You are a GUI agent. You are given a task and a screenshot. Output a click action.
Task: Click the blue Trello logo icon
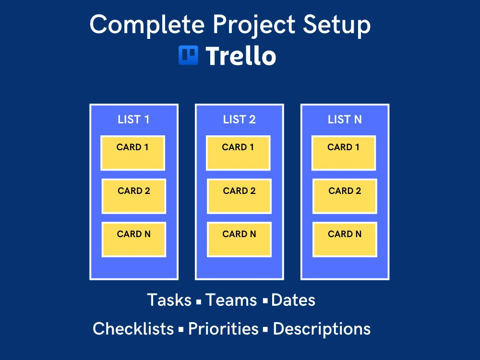tap(188, 55)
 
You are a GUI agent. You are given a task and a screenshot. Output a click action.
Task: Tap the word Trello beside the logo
tap(240, 56)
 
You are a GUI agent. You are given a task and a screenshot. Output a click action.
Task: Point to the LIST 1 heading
tap(133, 120)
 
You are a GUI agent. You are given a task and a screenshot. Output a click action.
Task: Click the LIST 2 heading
tap(239, 120)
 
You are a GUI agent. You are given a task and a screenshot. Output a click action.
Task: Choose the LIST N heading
tap(345, 120)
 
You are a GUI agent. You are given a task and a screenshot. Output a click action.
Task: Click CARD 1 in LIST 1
tap(132, 153)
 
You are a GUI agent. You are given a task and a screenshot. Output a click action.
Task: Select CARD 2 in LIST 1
tap(134, 196)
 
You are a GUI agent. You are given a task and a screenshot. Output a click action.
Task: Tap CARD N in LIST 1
tap(134, 240)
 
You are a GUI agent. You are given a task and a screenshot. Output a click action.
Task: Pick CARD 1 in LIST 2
tap(238, 153)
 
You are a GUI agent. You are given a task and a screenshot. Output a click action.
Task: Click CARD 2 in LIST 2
tap(239, 196)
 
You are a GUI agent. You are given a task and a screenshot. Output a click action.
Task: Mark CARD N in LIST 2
tap(239, 240)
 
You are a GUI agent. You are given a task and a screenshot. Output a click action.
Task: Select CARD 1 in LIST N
tap(344, 153)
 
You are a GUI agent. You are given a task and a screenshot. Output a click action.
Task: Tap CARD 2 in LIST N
tap(345, 196)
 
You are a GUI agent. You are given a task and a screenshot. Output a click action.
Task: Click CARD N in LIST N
tap(345, 240)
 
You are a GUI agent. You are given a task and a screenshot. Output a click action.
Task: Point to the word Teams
tap(231, 300)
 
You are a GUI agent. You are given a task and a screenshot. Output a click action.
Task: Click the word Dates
tap(293, 300)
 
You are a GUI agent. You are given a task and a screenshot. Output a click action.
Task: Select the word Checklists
tap(133, 329)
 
